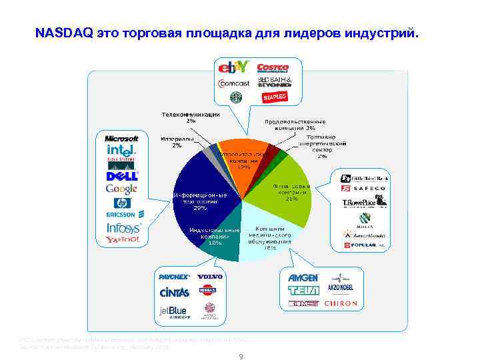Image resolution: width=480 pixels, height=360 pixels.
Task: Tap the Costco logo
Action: (272, 67)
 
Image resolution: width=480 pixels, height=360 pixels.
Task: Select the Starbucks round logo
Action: (235, 97)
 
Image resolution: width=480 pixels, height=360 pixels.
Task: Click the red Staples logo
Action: (274, 97)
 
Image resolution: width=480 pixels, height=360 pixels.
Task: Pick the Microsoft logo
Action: (121, 138)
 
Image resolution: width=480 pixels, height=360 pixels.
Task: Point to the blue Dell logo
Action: (121, 176)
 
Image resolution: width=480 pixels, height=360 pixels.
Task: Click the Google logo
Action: (121, 189)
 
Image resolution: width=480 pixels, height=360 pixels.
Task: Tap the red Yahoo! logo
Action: (123, 239)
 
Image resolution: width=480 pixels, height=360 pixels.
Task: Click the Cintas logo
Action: (174, 292)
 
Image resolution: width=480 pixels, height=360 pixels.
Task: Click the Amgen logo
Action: (303, 277)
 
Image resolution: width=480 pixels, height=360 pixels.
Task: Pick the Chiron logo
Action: (341, 303)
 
